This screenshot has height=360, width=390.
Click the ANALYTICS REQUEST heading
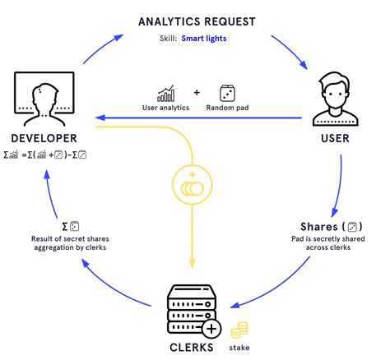[197, 21]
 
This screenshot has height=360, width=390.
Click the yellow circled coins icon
[192, 185]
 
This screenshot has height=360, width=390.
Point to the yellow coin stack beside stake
[239, 330]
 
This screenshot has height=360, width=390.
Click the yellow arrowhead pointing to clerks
[192, 264]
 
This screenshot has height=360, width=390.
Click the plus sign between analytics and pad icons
[197, 93]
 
